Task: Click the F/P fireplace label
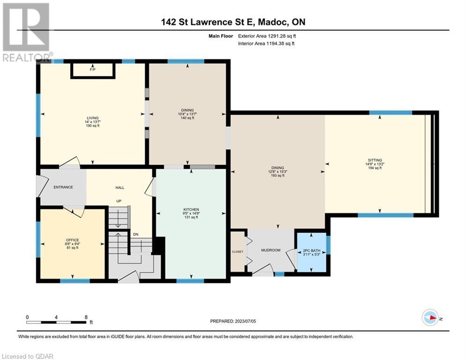click(x=92, y=70)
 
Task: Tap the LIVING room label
click(x=92, y=118)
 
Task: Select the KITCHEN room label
click(x=191, y=210)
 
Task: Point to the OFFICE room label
click(x=73, y=240)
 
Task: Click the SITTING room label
click(x=375, y=160)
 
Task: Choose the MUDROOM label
click(x=270, y=250)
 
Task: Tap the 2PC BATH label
click(x=311, y=251)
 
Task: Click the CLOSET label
click(x=237, y=252)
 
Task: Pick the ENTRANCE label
click(x=63, y=187)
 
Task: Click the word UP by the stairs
click(x=119, y=201)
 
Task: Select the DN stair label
click(x=135, y=234)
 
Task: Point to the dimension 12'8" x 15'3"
click(x=278, y=172)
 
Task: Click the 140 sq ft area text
click(x=187, y=118)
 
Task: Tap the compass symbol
click(x=430, y=317)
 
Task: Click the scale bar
click(x=56, y=322)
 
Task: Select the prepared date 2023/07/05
click(x=245, y=321)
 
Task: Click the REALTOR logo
click(x=27, y=32)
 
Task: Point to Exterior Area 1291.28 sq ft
click(x=267, y=36)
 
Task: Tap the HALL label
click(x=120, y=187)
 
